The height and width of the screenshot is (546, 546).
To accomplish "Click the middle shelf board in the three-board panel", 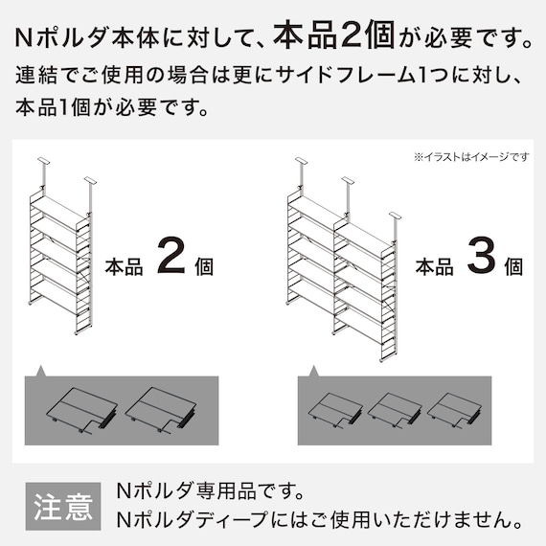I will click(x=393, y=410).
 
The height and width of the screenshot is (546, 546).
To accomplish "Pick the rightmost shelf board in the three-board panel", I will click(x=453, y=410).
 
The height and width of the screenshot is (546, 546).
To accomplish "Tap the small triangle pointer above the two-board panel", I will click(x=41, y=370).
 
